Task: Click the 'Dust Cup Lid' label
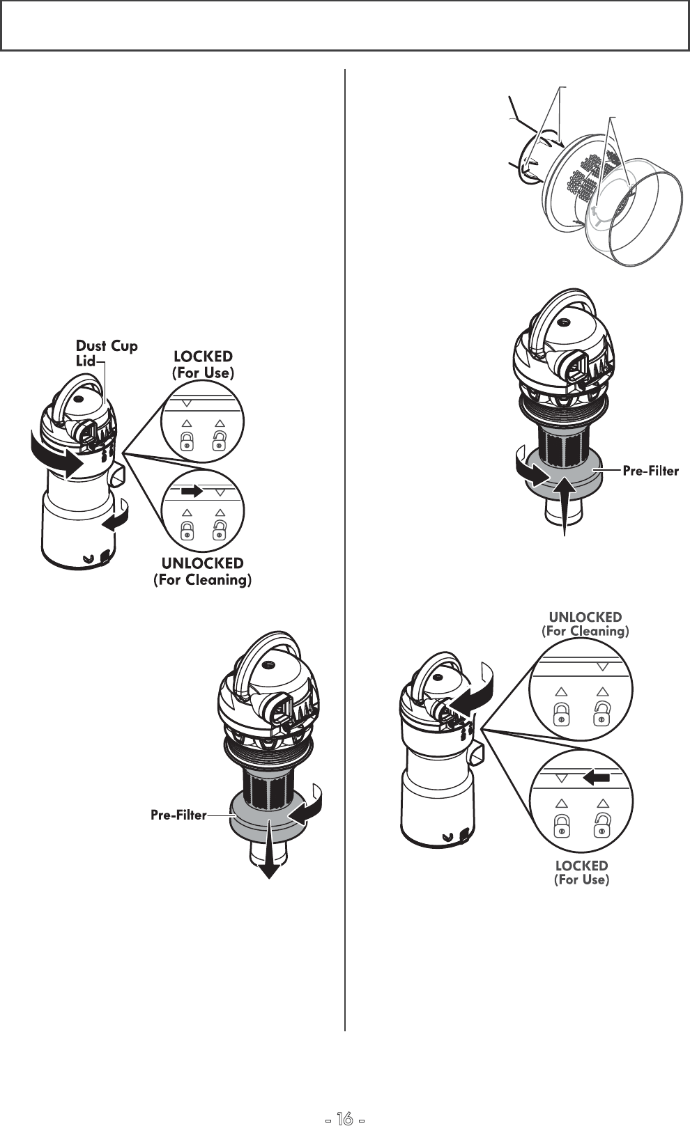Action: pos(106,353)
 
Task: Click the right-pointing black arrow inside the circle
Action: pos(191,491)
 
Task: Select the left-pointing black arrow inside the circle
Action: pos(597,777)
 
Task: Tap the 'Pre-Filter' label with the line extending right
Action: pos(650,471)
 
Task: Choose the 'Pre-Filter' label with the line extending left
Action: pos(178,815)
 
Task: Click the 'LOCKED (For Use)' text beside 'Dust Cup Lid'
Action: pos(204,365)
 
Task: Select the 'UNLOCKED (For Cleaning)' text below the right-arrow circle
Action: pos(202,571)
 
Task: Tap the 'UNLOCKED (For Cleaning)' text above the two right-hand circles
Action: pos(585,624)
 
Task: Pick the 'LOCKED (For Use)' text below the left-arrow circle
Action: pos(581,873)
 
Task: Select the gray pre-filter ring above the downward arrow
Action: pos(268,818)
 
